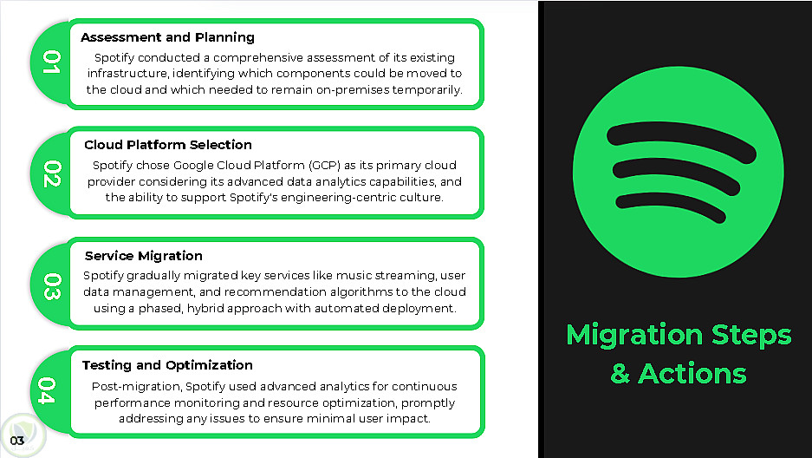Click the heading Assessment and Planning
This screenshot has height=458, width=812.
point(167,37)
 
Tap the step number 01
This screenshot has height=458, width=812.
point(52,62)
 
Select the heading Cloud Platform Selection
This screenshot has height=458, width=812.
point(168,145)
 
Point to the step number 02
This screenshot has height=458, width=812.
point(52,173)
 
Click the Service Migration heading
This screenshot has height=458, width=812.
point(144,256)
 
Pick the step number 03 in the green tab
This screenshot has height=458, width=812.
point(52,286)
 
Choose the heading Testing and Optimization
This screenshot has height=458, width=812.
point(167,365)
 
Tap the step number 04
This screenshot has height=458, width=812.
point(46,390)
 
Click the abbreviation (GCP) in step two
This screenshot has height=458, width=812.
point(325,166)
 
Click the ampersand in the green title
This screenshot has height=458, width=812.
point(620,374)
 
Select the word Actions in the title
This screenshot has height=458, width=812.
point(692,374)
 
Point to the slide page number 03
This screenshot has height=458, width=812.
point(17,441)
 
